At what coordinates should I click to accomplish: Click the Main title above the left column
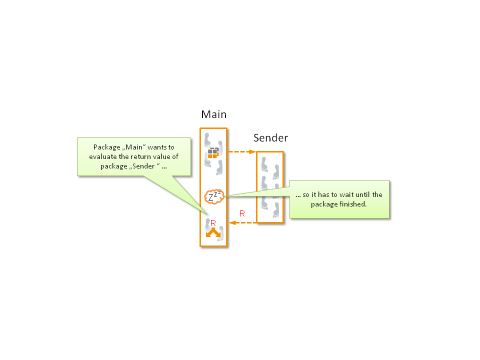[213, 114]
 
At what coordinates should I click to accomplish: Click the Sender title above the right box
[270, 138]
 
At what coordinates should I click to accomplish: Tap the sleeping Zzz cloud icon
[214, 196]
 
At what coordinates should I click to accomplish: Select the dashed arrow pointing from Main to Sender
[242, 151]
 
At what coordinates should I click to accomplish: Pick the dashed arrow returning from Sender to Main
[243, 222]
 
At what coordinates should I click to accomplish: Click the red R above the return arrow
[242, 213]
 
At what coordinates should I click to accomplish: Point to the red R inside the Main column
[213, 223]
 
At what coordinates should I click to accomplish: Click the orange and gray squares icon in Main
[213, 153]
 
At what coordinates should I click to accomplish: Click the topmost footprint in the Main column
[207, 140]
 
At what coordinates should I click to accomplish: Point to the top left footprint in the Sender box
[264, 164]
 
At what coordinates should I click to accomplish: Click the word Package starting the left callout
[107, 147]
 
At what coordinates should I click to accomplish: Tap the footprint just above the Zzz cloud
[219, 168]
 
